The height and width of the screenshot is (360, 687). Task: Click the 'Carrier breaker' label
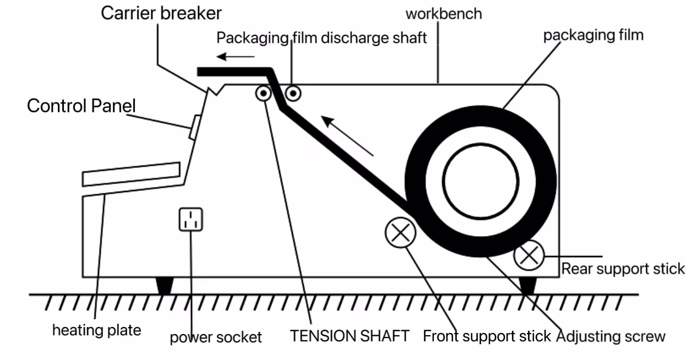point(161,13)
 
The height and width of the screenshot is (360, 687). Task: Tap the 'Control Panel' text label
point(81,105)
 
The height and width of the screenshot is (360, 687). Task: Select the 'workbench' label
point(443,13)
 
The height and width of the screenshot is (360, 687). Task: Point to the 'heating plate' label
point(96,330)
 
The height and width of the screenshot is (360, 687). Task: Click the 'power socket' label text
point(215,336)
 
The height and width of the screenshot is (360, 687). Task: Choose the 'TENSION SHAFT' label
point(350,335)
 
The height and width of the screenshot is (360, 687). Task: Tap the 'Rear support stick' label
point(623,269)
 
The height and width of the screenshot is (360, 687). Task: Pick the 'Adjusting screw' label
point(611,335)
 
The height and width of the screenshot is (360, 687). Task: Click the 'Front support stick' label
point(487,335)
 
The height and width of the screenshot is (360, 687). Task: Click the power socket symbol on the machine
point(191,219)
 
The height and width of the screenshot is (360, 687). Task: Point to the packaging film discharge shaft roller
point(292,93)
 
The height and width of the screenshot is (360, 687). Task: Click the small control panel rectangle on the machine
point(193,127)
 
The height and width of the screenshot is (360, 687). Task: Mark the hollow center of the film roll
point(479,182)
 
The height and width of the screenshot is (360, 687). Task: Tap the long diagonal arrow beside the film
point(349,135)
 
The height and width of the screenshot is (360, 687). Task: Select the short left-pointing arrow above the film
point(235,56)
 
